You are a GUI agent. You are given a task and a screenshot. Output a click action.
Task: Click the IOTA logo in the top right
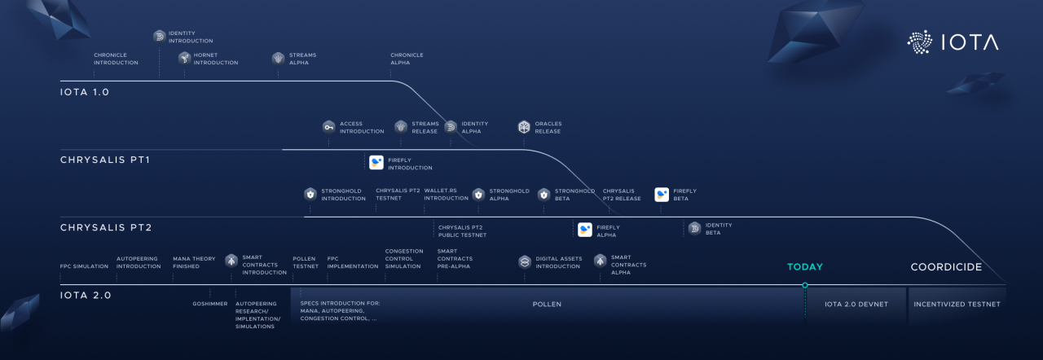[952, 42]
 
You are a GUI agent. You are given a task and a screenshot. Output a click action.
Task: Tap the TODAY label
[804, 267]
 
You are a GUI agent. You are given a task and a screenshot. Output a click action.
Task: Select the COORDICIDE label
[945, 267]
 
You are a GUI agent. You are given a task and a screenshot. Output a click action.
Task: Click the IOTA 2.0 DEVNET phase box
[855, 305]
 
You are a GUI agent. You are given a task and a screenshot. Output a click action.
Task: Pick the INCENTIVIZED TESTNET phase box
[957, 305]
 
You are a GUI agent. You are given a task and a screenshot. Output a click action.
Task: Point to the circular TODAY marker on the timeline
[804, 285]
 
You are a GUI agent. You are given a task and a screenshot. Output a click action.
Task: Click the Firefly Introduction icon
[376, 162]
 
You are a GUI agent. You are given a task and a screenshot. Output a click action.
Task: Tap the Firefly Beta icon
[662, 195]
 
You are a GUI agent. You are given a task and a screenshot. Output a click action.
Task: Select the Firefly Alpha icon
[585, 230]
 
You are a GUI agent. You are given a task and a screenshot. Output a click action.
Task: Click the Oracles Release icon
[524, 127]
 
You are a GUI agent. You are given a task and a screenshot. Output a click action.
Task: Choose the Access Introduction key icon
[328, 127]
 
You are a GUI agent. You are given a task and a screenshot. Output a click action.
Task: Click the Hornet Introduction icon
[184, 58]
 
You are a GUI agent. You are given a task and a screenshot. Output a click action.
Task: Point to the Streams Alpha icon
[278, 58]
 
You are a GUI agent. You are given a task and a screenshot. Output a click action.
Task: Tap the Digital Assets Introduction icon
[525, 261]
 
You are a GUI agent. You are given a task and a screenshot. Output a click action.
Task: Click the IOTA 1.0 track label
[85, 92]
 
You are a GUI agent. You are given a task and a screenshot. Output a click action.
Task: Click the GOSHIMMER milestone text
[209, 304]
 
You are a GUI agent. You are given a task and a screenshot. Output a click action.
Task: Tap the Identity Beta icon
[694, 228]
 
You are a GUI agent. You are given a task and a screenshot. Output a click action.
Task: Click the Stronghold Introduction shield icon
[310, 194]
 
